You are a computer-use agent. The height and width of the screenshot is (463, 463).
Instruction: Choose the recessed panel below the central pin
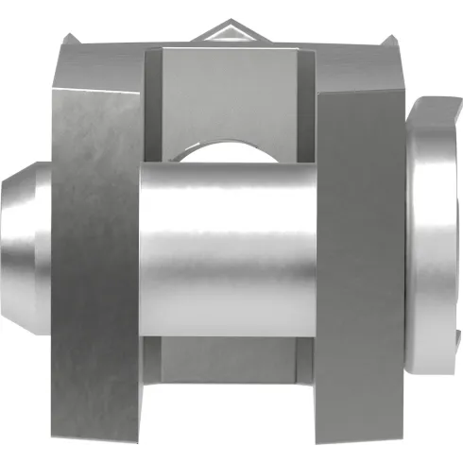point(231,364)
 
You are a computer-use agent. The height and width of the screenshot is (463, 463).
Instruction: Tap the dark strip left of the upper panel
point(153,104)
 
